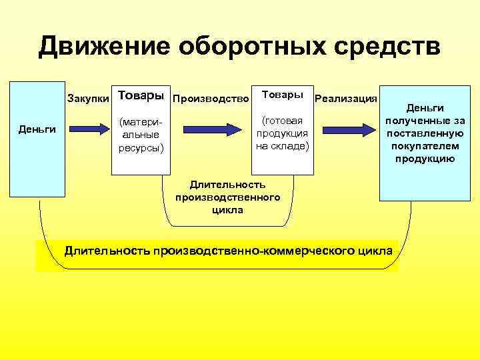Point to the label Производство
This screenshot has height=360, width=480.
[211, 99]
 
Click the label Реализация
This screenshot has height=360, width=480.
[346, 99]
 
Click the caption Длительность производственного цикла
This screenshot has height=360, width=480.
[228, 197]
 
